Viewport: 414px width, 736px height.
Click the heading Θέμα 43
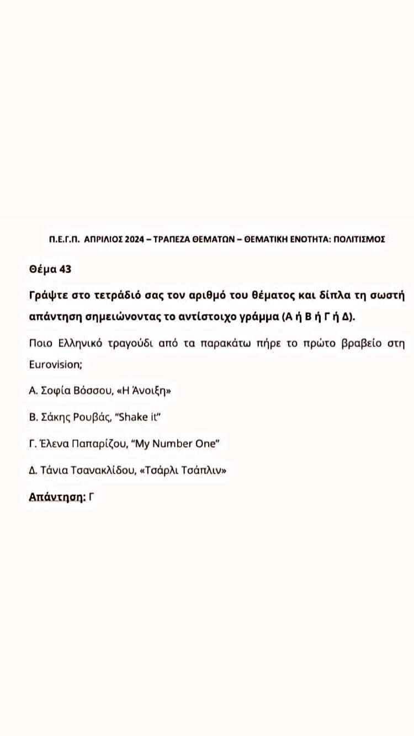tap(50, 270)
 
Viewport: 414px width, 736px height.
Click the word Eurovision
tap(55, 365)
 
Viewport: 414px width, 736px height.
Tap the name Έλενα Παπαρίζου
tap(86, 444)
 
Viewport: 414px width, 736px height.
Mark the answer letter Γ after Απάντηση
tap(92, 496)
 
